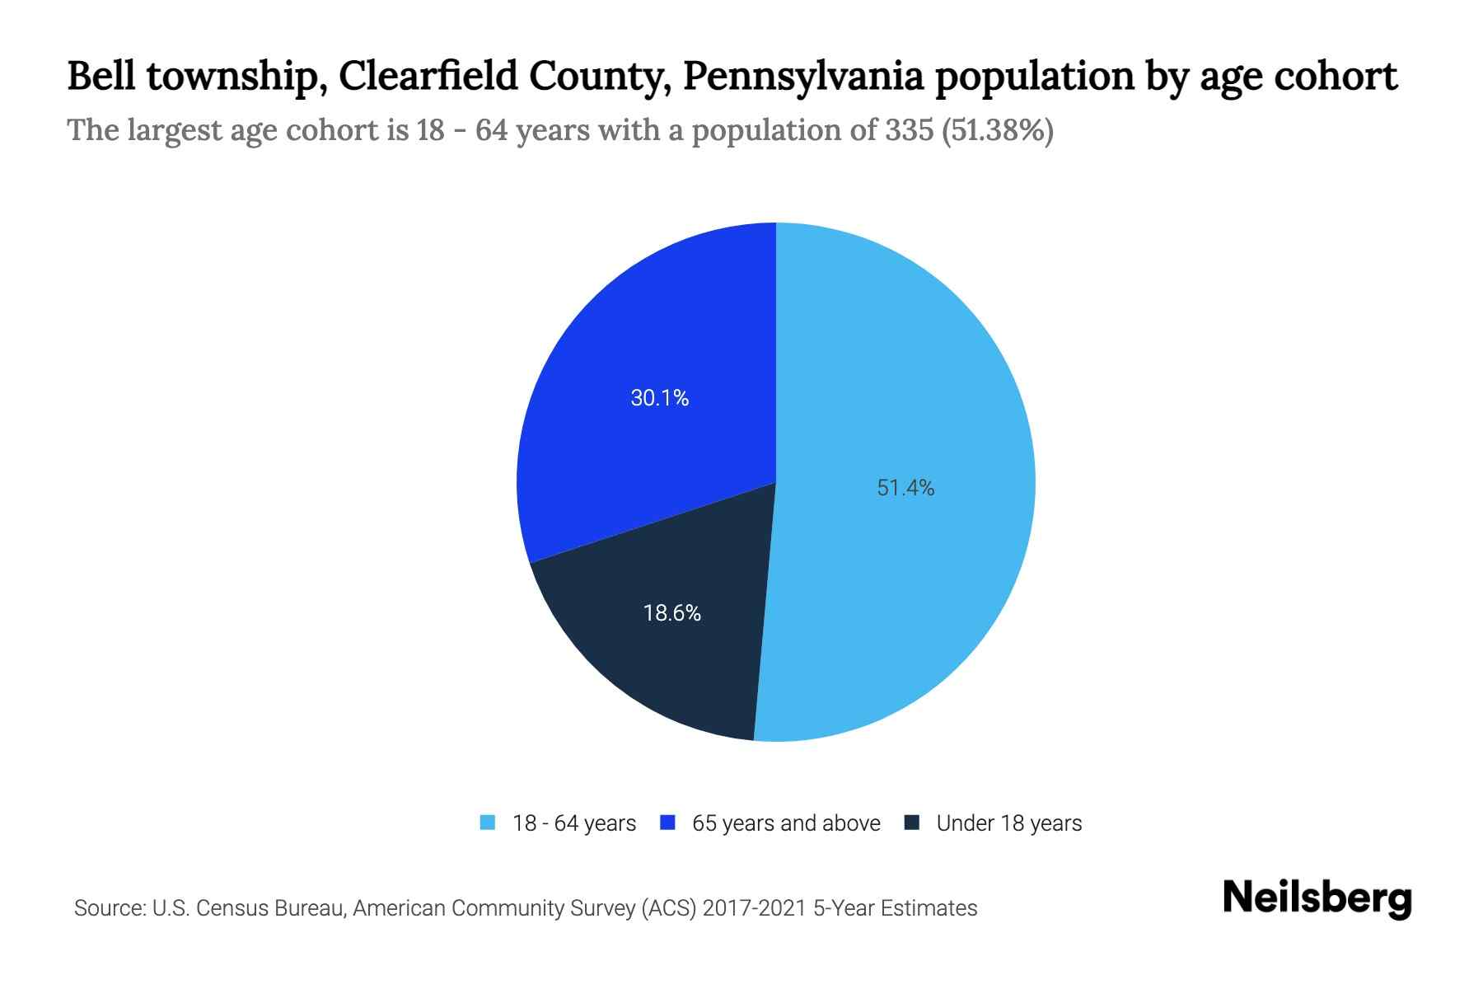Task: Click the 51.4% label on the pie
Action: [905, 488]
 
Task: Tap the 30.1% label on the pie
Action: [659, 398]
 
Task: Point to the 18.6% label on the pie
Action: [671, 613]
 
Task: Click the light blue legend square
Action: [488, 823]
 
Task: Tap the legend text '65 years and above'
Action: [786, 823]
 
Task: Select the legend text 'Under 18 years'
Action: [1008, 823]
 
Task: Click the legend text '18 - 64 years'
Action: [574, 823]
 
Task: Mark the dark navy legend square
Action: [911, 823]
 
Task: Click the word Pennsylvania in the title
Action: [802, 77]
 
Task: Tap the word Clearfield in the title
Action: [428, 77]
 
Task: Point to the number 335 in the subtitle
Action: [910, 130]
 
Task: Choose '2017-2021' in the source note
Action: [754, 908]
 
